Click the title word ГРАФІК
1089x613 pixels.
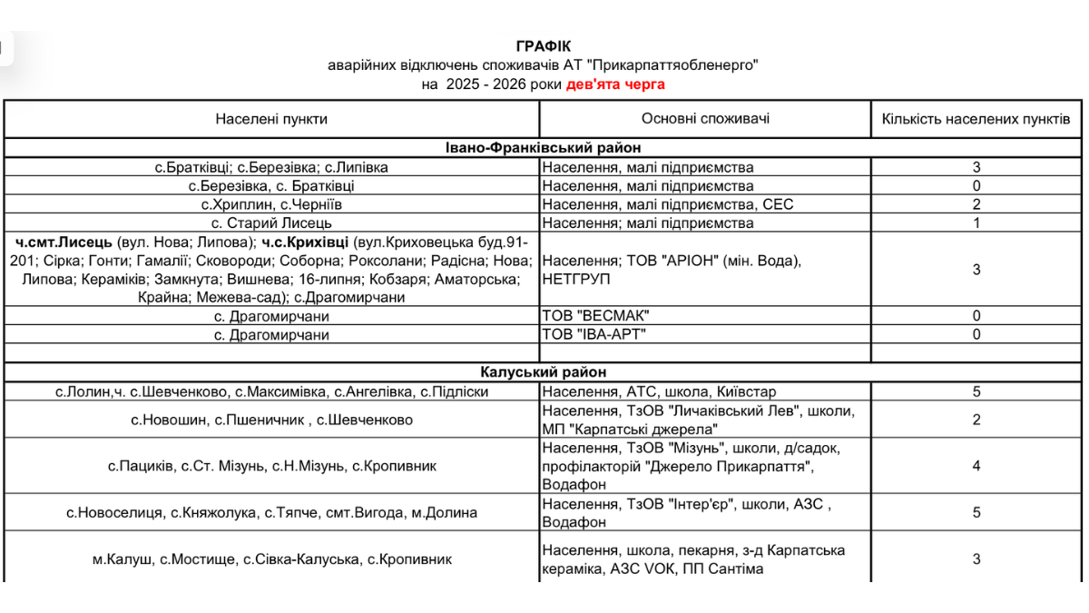(x=544, y=45)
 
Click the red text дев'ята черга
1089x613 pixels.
(x=615, y=84)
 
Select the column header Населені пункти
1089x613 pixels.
(x=271, y=119)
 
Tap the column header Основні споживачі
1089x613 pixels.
(x=705, y=119)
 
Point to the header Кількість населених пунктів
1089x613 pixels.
(x=976, y=119)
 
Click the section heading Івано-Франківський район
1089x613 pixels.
(x=544, y=148)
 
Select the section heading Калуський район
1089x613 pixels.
(x=544, y=372)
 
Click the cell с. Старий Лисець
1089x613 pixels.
(x=271, y=222)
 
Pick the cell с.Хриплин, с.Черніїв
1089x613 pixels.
(x=271, y=204)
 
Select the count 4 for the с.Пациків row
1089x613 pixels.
(x=976, y=466)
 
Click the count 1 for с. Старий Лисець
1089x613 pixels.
(x=976, y=222)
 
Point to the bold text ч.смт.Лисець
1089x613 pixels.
(x=64, y=242)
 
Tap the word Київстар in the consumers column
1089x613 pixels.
(x=749, y=392)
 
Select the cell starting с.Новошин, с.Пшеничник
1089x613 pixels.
(x=271, y=420)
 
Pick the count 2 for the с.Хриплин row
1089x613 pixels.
(x=976, y=204)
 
